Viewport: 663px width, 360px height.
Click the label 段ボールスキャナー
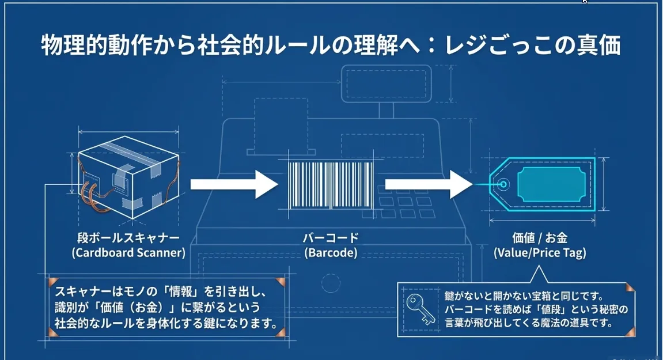click(x=128, y=237)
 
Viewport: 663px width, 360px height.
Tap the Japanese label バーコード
click(x=331, y=237)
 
